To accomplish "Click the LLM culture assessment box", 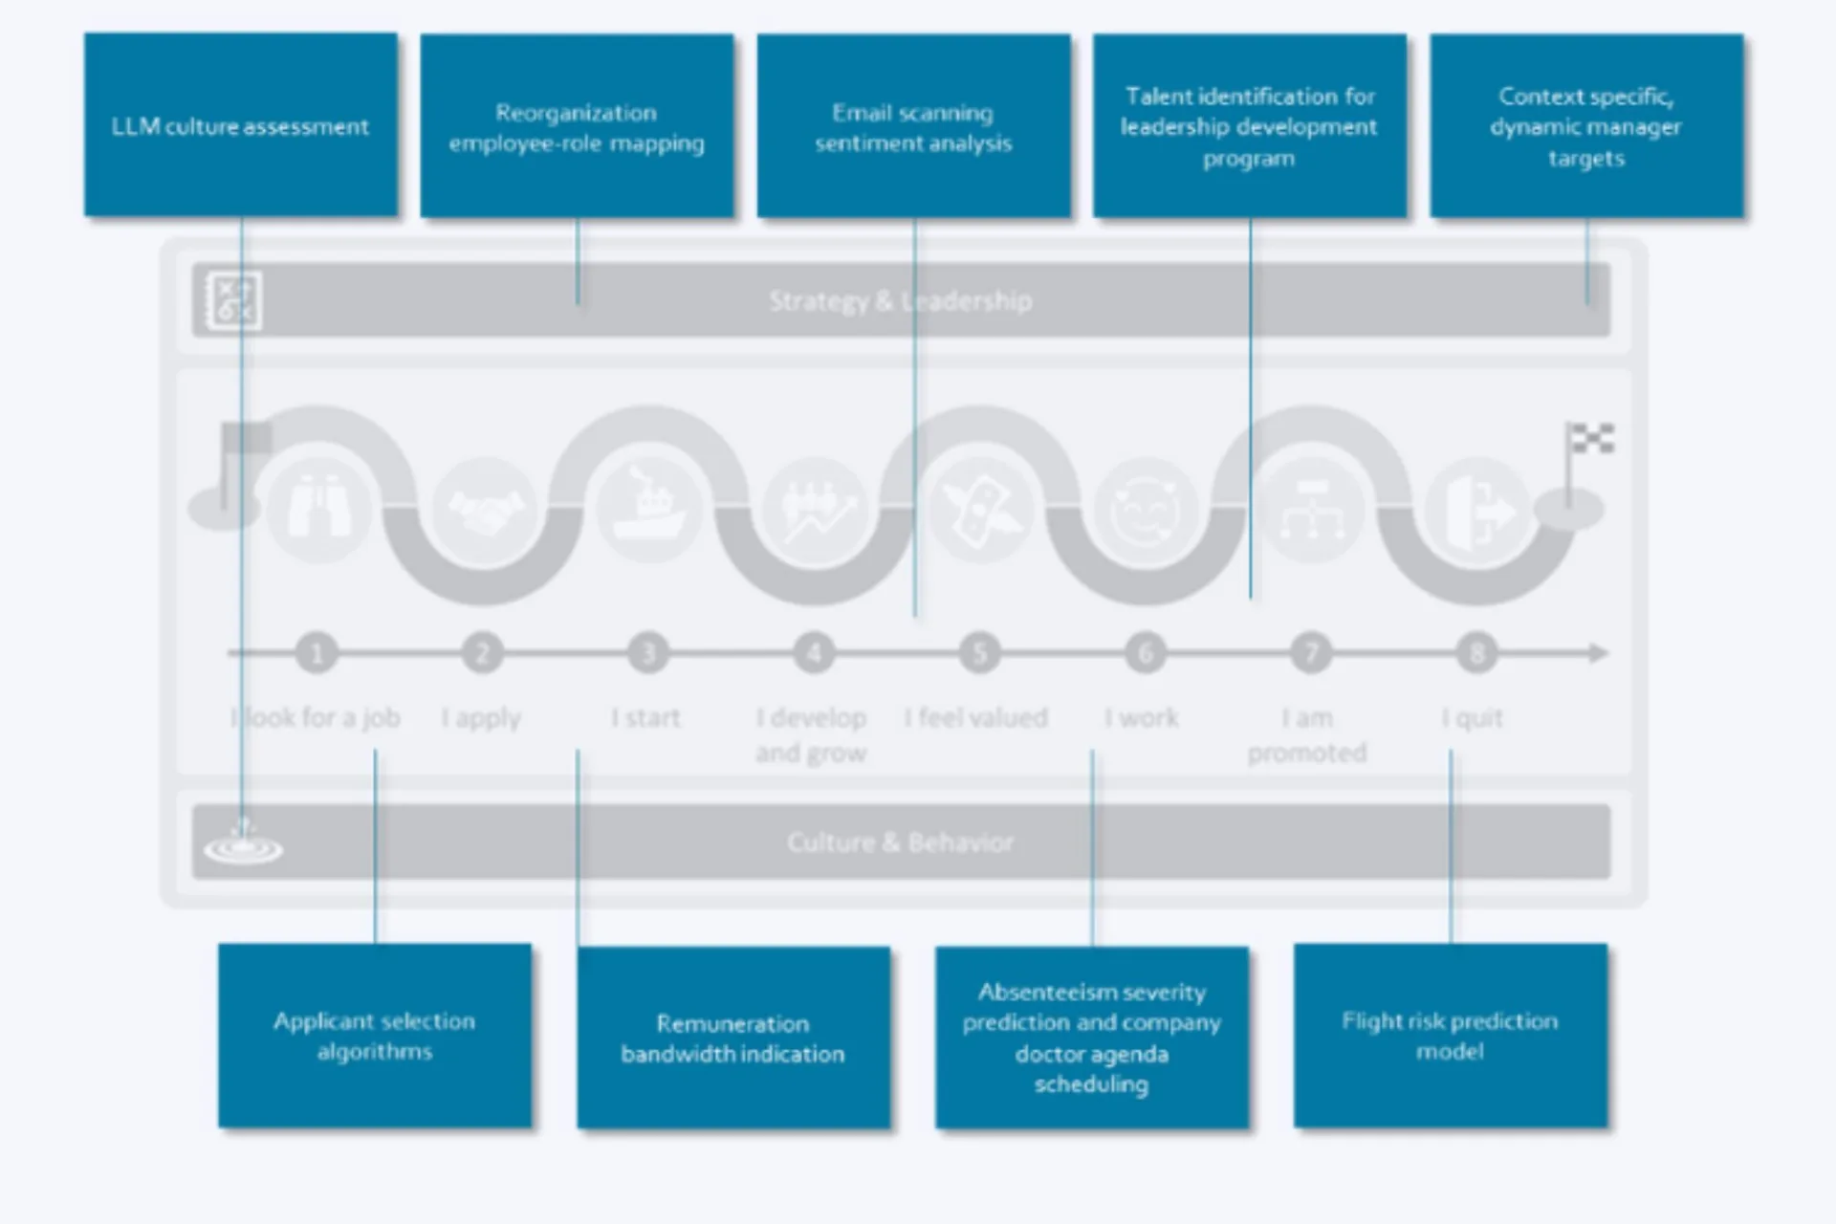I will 240,125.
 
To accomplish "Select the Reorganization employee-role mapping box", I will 577,127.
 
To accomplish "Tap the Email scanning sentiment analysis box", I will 913,127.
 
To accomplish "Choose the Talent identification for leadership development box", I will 1249,127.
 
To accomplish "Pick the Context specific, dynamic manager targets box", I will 1585,127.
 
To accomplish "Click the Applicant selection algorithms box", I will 374,1036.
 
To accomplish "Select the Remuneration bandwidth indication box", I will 732,1038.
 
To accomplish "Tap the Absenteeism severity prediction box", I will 1091,1038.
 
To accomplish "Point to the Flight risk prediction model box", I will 1450,1036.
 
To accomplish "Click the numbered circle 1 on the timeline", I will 317,653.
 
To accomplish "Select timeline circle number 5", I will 979,653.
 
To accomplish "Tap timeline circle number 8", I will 1476,653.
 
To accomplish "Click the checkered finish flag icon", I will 1589,440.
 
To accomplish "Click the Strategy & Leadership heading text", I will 900,301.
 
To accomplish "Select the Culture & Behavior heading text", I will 900,842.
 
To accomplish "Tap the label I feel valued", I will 975,717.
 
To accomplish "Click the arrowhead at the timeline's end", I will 1599,653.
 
